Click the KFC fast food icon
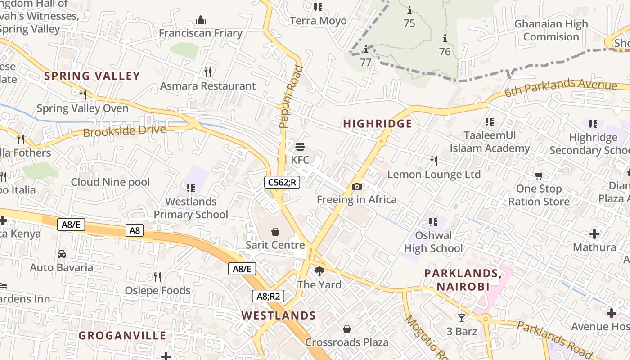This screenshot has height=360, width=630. [300, 146]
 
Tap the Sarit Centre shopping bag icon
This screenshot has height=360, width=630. [275, 232]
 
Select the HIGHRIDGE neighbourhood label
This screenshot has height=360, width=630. [378, 124]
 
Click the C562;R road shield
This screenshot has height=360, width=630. [282, 182]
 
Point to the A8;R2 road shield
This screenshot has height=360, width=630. [268, 296]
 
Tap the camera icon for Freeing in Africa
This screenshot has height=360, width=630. [357, 186]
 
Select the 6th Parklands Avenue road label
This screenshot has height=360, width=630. [560, 87]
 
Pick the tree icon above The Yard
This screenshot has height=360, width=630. [319, 271]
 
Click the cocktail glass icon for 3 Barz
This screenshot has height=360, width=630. [462, 318]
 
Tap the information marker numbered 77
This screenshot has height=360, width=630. [366, 49]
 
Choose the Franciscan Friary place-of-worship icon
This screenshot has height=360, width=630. [201, 20]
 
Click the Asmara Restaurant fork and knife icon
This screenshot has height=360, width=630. [208, 72]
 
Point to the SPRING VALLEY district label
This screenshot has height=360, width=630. [92, 76]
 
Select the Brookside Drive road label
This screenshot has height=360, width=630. [125, 131]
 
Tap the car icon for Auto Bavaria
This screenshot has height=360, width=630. [62, 254]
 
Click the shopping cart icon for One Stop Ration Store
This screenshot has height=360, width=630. [539, 175]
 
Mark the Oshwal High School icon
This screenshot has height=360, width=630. [433, 222]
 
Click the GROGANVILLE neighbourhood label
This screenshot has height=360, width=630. [122, 336]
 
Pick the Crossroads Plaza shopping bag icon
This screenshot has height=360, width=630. [346, 329]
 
